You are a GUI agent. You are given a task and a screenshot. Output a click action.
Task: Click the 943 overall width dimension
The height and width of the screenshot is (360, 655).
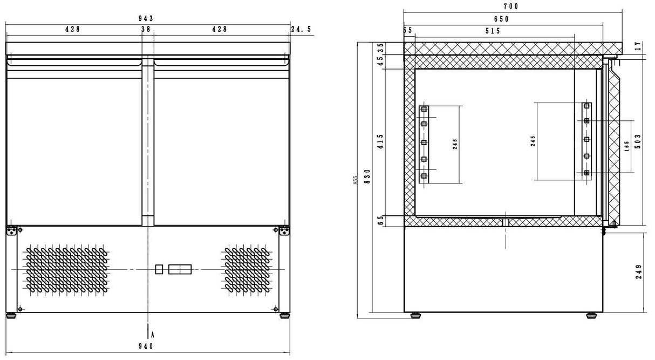coord(147,18)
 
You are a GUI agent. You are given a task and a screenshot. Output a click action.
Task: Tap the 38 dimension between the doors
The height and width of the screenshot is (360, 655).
coord(146,30)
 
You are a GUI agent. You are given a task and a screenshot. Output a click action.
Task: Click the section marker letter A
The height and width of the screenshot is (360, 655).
coord(153,335)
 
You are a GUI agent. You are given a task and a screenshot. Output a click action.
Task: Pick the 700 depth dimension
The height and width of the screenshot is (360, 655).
coord(510,6)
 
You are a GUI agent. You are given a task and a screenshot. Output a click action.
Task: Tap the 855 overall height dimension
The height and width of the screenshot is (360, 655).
coord(355,180)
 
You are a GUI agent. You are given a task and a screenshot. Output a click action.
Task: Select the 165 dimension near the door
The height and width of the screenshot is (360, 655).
coord(626,146)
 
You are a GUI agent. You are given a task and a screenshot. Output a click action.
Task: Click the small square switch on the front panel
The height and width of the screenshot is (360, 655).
coord(159,269)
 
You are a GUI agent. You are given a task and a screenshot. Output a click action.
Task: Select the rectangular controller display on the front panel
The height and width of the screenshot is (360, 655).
coord(180,269)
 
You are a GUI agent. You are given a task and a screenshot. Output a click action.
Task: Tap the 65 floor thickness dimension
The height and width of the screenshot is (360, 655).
coord(380,220)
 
